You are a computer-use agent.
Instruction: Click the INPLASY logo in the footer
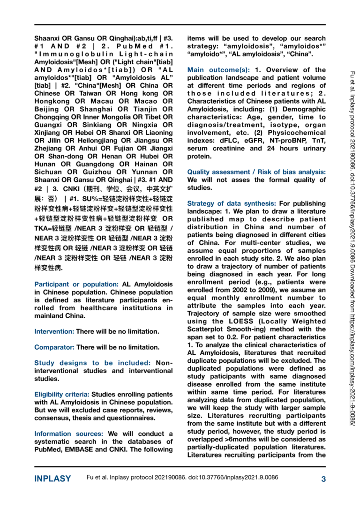coord(52,479)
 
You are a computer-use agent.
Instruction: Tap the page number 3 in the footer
coord(323,479)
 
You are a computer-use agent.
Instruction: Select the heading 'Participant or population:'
coord(76,284)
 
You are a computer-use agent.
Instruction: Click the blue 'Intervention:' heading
coord(54,331)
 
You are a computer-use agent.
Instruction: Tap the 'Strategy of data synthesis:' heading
coord(232,203)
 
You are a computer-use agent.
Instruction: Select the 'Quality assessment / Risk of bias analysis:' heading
coord(256,172)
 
